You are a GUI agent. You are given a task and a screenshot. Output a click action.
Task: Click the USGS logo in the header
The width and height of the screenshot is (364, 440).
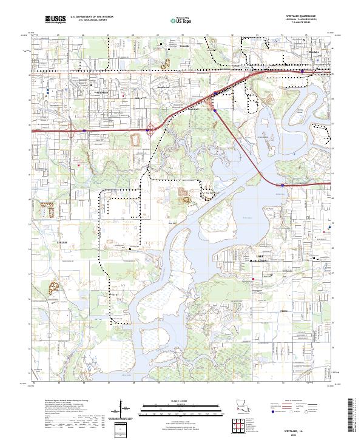[55, 20]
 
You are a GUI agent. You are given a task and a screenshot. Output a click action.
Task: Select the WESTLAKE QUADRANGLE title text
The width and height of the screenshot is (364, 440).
[306, 16]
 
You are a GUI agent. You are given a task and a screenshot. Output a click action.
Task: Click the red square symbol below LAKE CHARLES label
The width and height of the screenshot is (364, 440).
[253, 280]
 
